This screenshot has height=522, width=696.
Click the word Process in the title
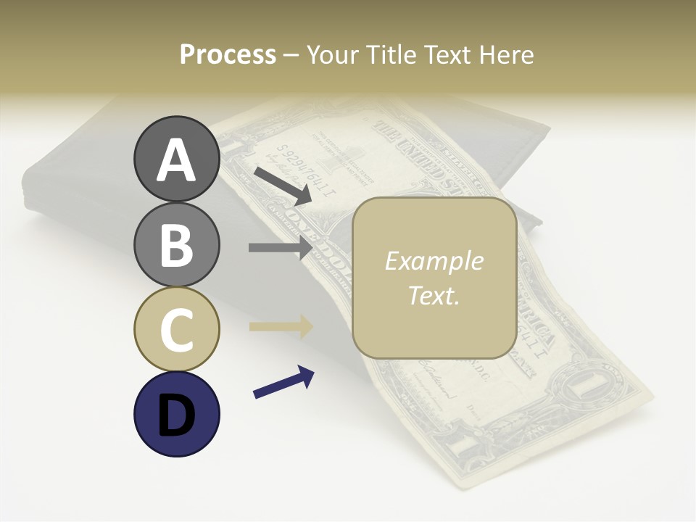tap(228, 55)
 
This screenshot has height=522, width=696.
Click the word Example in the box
tap(434, 261)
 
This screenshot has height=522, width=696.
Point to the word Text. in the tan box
tap(434, 296)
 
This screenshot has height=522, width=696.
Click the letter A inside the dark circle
tap(176, 161)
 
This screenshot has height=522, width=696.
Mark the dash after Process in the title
tap(291, 55)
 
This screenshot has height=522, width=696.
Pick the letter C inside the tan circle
tap(176, 330)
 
